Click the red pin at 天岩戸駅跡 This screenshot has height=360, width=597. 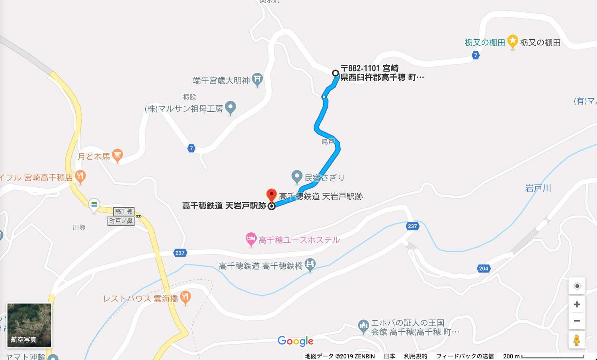tap(271, 195)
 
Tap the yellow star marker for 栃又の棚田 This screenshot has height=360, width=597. tap(513, 41)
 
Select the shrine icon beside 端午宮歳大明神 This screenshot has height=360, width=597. tap(258, 80)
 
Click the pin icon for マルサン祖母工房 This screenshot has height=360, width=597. tap(230, 107)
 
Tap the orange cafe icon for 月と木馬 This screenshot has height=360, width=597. tap(117, 155)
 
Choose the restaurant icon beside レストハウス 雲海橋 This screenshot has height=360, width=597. tap(185, 297)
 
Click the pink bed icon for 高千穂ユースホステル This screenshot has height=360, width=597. tap(251, 239)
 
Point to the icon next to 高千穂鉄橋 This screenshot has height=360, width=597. tap(310, 264)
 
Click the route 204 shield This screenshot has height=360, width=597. tap(484, 269)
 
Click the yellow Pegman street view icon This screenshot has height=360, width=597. tap(576, 341)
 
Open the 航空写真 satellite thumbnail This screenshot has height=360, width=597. tap(29, 325)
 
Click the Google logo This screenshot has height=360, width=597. tap(295, 341)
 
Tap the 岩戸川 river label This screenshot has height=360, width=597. tap(538, 188)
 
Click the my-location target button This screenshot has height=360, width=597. tap(577, 286)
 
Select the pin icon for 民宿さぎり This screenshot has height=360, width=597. tap(297, 176)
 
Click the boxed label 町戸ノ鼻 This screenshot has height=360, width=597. tap(121, 221)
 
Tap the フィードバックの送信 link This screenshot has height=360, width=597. tap(465, 356)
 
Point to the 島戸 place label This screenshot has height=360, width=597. tap(328, 142)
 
